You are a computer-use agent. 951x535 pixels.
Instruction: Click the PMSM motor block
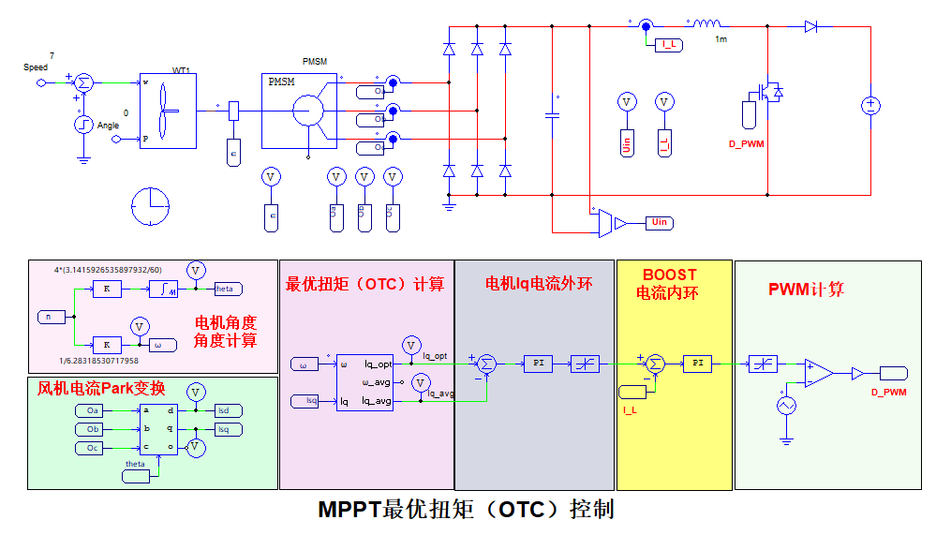[x=298, y=111]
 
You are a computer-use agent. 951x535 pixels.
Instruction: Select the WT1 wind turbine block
[x=166, y=111]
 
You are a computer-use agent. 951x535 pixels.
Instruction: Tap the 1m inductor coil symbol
[x=706, y=24]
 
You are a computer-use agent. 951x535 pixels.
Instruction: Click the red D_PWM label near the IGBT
[x=747, y=143]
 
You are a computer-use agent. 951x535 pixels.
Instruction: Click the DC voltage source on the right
[x=869, y=106]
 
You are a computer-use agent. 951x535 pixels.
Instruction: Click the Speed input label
[x=36, y=67]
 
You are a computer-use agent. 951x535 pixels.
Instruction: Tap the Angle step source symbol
[x=83, y=124]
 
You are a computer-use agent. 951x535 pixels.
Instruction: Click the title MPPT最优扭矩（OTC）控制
[x=466, y=510]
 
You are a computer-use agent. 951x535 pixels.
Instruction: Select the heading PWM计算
[x=806, y=290]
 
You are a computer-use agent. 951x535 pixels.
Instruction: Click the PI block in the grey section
[x=538, y=364]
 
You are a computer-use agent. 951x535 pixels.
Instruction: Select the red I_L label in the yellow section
[x=631, y=409]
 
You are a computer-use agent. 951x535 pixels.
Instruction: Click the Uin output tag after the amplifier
[x=659, y=222]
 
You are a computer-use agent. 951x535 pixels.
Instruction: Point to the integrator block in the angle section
[x=167, y=289]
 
